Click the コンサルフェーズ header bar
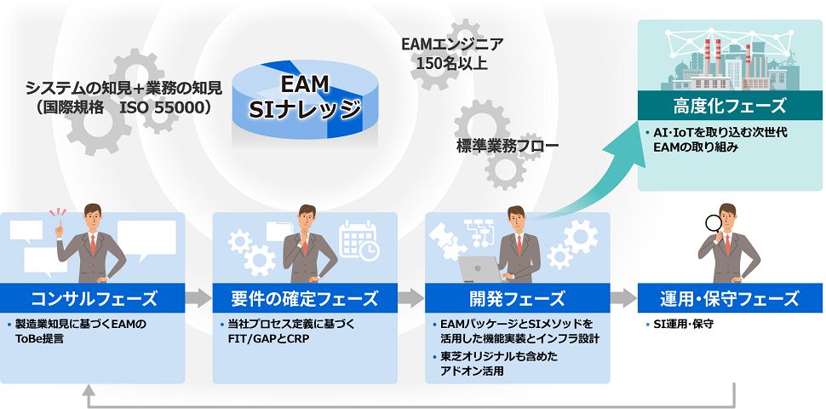tap(92, 297)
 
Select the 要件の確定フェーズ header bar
tap(305, 297)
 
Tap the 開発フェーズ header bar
tap(517, 297)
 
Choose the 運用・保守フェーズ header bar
tap(730, 297)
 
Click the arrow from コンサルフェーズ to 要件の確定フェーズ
tap(198, 298)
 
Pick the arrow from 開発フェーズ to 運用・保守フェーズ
tap(623, 298)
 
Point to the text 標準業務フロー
tap(507, 146)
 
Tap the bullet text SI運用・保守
tap(683, 325)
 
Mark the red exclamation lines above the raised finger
tap(58, 214)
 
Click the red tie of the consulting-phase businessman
tap(93, 245)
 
